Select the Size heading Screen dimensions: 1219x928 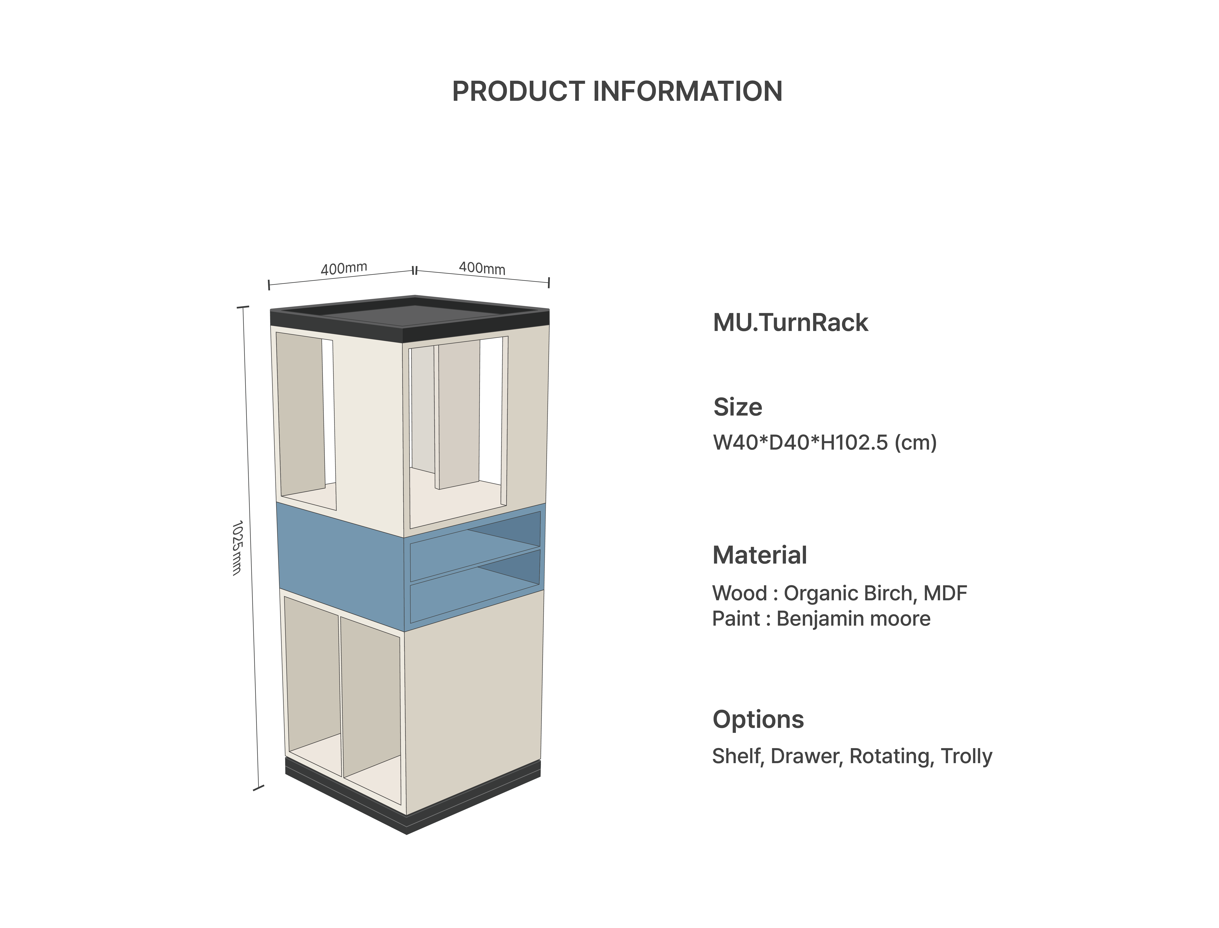point(738,407)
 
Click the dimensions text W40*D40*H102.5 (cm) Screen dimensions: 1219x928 point(825,443)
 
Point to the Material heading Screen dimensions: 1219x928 point(760,555)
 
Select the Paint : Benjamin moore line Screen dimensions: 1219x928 point(821,619)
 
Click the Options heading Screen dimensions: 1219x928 point(758,719)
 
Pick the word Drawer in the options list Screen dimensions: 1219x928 point(806,756)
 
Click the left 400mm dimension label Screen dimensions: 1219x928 point(343,269)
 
